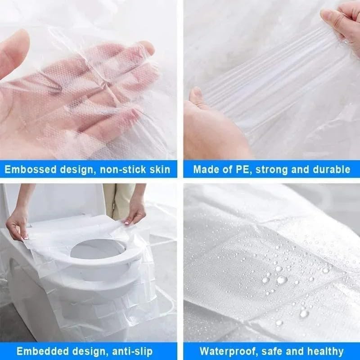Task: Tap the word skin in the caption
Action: [x=160, y=170]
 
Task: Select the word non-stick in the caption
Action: [x=125, y=170]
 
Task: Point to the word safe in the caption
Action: [x=265, y=351]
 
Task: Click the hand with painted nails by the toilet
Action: [x=135, y=211]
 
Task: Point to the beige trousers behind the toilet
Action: [x=118, y=198]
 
